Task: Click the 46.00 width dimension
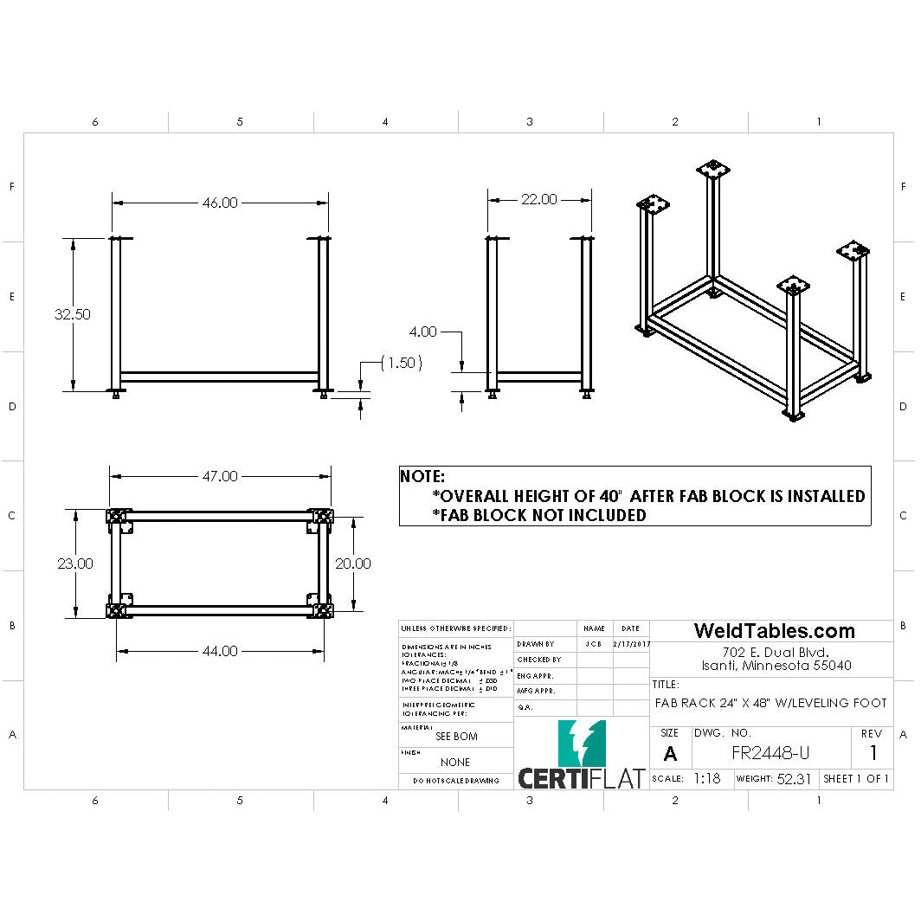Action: coord(220,203)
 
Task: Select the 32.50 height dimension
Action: coord(73,314)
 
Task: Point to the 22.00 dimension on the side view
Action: coord(538,199)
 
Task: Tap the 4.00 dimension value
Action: coord(424,332)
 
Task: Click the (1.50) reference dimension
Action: coord(402,364)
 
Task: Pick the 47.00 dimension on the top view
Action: coord(220,476)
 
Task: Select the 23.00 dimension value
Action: coord(75,564)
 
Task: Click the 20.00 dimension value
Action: coord(353,564)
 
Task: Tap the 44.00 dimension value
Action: coord(220,651)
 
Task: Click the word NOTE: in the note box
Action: coord(422,476)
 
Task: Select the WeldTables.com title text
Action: coord(774,631)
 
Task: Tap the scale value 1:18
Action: coord(706,778)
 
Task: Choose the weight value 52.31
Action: coord(794,778)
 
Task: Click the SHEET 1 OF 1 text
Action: coord(856,778)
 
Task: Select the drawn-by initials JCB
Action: coord(594,644)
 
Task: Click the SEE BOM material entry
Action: coord(456,737)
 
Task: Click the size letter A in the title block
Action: coord(670,754)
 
